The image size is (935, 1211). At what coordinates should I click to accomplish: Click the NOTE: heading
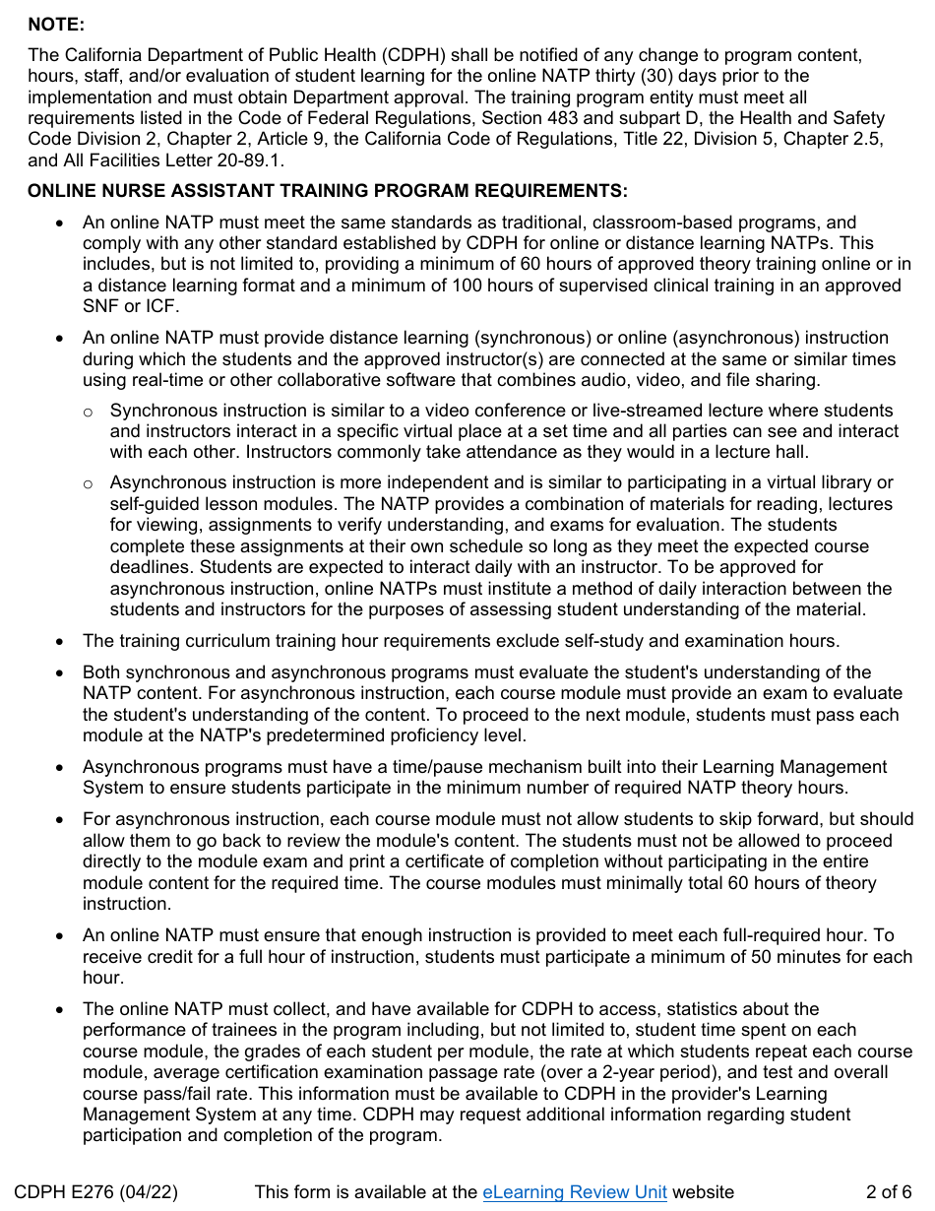pyautogui.click(x=56, y=24)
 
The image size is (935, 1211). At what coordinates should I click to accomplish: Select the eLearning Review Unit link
pyautogui.click(x=574, y=1192)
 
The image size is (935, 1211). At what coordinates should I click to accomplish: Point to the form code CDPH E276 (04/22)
pyautogui.click(x=96, y=1192)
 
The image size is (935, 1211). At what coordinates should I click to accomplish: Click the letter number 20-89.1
pyautogui.click(x=254, y=160)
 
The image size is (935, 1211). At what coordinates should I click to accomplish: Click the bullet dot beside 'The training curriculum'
pyautogui.click(x=62, y=642)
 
